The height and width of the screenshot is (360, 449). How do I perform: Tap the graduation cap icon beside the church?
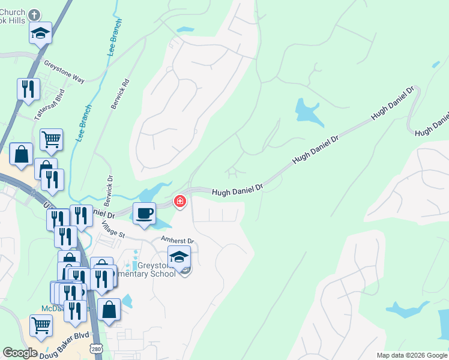(40, 33)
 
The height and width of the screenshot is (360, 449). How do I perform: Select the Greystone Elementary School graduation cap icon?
(179, 257)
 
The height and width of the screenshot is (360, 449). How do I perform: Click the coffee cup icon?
(144, 214)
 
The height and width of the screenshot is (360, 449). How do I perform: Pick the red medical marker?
(179, 202)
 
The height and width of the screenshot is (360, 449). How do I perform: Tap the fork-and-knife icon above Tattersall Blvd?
(28, 89)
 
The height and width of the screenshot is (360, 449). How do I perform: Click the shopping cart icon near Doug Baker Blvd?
(41, 325)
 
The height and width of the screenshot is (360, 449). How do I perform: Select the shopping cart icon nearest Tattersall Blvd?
(51, 140)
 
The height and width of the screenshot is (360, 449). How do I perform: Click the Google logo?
(20, 353)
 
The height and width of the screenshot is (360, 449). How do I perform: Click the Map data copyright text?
(411, 355)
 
